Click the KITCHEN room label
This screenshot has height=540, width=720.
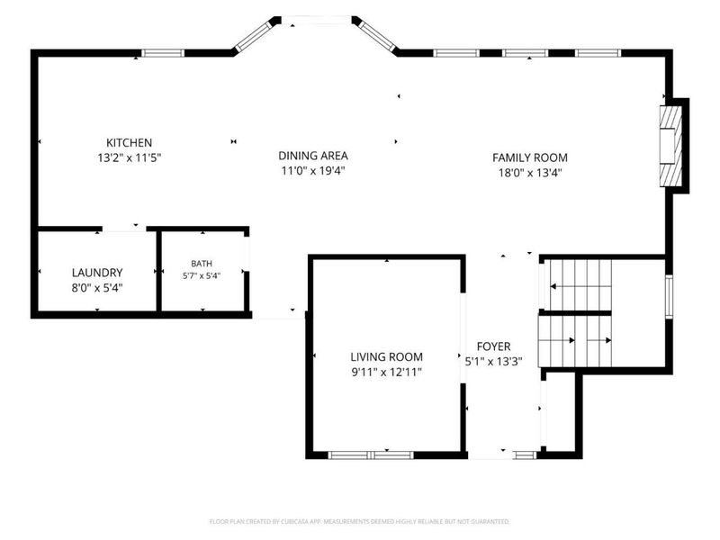[129, 142]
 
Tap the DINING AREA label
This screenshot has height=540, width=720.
[313, 156]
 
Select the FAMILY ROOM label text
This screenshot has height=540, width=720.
[530, 157]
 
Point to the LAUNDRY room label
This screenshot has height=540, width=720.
[97, 273]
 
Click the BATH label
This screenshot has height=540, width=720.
[202, 264]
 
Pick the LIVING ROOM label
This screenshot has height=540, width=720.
[387, 356]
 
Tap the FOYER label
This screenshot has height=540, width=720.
[493, 346]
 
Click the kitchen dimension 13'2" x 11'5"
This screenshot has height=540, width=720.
[129, 158]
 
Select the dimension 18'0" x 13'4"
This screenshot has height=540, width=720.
[530, 173]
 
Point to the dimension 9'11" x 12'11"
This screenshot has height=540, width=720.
[387, 372]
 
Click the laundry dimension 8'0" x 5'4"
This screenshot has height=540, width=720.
[97, 288]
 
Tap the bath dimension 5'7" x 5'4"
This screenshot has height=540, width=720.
[202, 276]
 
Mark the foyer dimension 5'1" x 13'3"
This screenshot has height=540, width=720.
[493, 362]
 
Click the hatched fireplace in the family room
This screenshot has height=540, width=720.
[670, 146]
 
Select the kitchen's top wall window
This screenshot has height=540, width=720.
[163, 53]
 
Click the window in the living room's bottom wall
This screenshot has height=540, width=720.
[371, 455]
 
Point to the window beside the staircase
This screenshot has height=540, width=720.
[669, 297]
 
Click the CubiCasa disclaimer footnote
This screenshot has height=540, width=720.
[359, 522]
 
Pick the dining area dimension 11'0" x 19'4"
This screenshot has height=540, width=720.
[313, 171]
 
